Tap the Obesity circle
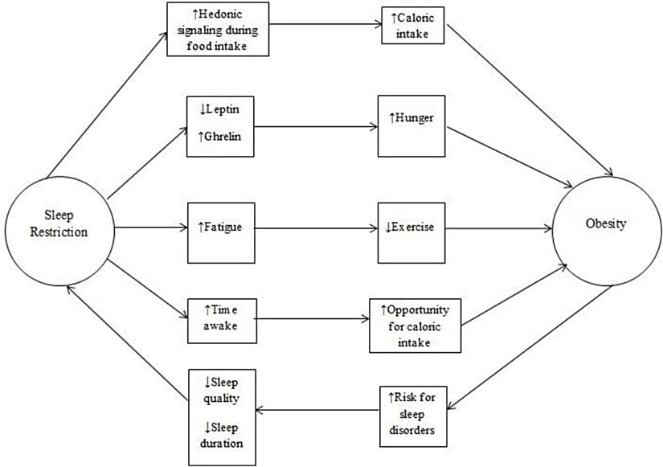tap(606, 225)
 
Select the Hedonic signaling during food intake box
tap(218, 29)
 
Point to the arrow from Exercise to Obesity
tap(501, 227)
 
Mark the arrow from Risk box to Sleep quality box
tap(317, 411)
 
